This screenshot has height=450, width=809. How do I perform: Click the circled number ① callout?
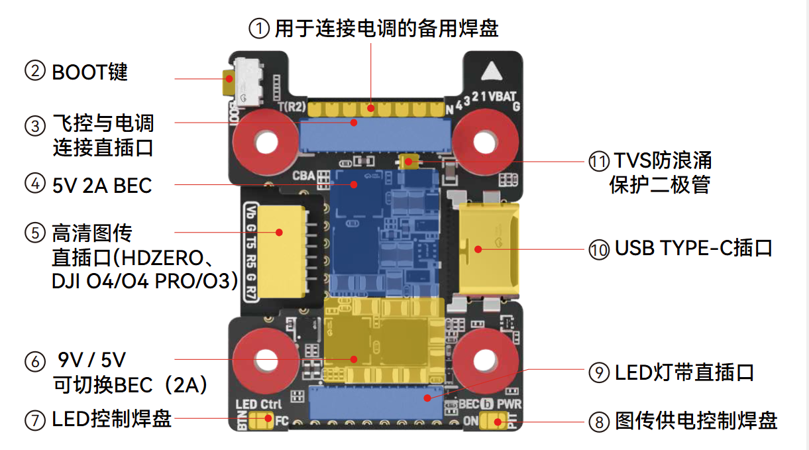pos(259,28)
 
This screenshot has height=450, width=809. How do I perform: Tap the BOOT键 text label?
pos(89,72)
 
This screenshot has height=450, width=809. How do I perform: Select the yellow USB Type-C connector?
pos(489,249)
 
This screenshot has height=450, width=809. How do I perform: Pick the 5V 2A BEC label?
pos(102,186)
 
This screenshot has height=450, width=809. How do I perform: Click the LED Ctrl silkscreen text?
pos(258,404)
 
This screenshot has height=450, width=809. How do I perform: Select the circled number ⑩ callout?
pos(599,250)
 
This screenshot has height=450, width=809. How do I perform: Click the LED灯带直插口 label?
pos(684,372)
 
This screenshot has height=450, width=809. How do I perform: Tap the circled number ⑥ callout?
pos(34,361)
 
